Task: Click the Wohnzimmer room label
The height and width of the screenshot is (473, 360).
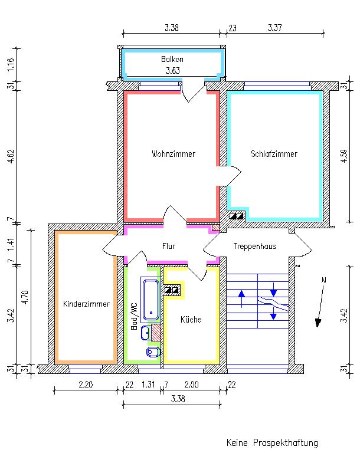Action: [173, 154]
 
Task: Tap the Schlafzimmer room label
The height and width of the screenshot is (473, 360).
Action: [274, 154]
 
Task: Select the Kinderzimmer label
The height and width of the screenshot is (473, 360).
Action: [86, 304]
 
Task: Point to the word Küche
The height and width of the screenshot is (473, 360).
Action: [191, 320]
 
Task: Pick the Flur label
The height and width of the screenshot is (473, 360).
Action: [169, 246]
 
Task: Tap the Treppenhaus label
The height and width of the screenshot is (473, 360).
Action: [254, 246]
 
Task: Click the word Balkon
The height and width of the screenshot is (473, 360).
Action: [172, 60]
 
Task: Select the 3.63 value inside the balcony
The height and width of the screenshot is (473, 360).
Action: [172, 70]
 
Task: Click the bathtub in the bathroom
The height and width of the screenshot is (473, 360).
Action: [150, 299]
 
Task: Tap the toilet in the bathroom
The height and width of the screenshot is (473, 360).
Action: [152, 352]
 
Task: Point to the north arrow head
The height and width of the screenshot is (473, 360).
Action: [319, 322]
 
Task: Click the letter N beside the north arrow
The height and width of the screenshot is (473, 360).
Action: [323, 280]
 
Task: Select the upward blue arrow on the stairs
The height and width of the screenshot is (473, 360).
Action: [241, 293]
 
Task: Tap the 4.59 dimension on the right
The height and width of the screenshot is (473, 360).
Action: [345, 157]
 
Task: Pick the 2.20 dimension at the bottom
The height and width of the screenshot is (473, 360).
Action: [85, 385]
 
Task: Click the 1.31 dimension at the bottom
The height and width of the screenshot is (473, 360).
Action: [148, 385]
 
